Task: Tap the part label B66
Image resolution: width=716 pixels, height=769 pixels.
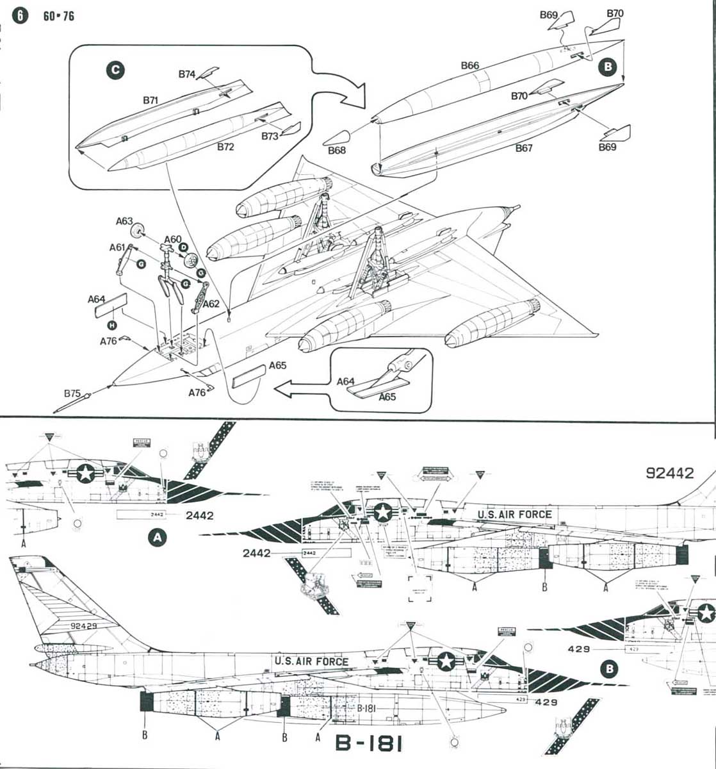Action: point(469,65)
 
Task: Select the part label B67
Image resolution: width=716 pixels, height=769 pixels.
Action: point(524,149)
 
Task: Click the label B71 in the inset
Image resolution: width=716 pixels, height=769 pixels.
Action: point(151,101)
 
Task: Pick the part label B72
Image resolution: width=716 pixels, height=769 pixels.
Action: point(225,147)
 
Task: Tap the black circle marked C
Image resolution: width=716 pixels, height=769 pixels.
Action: point(115,70)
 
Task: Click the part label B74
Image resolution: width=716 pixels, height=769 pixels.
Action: point(186,74)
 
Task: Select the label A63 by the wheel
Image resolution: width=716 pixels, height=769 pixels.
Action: point(124,221)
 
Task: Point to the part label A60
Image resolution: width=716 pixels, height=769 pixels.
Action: point(172,240)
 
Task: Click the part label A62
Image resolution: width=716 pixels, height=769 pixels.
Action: point(211,304)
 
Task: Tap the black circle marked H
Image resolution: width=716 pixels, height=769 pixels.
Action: point(113,326)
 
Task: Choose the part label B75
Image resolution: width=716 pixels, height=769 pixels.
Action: point(72,393)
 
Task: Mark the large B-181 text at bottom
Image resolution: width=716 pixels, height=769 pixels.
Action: point(369,743)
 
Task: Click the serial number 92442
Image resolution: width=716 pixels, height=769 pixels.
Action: point(670,474)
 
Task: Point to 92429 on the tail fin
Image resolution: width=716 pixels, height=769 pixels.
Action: point(83,625)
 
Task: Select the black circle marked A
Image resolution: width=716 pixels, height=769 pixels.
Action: point(157,538)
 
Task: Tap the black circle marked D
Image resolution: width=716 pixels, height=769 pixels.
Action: point(183,247)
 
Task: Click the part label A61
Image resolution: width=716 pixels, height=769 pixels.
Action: point(117,247)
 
